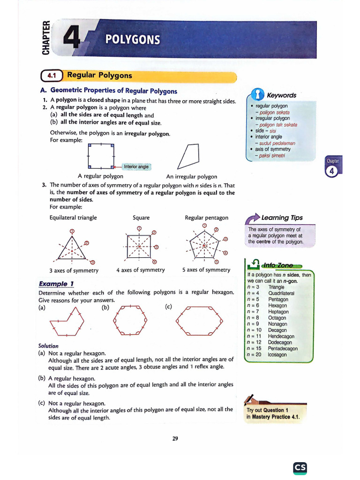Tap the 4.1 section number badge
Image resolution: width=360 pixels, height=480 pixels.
coord(51,75)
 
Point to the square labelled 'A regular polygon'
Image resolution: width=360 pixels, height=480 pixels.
coord(101,156)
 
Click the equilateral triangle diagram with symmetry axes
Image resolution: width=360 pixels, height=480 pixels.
coord(72,247)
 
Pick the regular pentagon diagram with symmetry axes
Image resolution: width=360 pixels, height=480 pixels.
coord(204,245)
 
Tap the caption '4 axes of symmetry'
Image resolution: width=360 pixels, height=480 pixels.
coord(141,270)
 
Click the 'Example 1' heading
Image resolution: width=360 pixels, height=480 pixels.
coord(56,284)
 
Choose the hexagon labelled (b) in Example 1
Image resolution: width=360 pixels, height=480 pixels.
coord(130,320)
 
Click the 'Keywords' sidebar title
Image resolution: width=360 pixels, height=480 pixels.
coord(281,95)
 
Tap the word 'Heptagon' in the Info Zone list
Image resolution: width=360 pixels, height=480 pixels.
coord(278,312)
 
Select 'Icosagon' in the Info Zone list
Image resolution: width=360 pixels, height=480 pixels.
coord(277,355)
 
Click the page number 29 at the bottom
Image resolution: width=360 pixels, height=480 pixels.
coord(175,439)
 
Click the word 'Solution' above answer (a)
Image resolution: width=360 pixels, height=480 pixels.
coord(48,346)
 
